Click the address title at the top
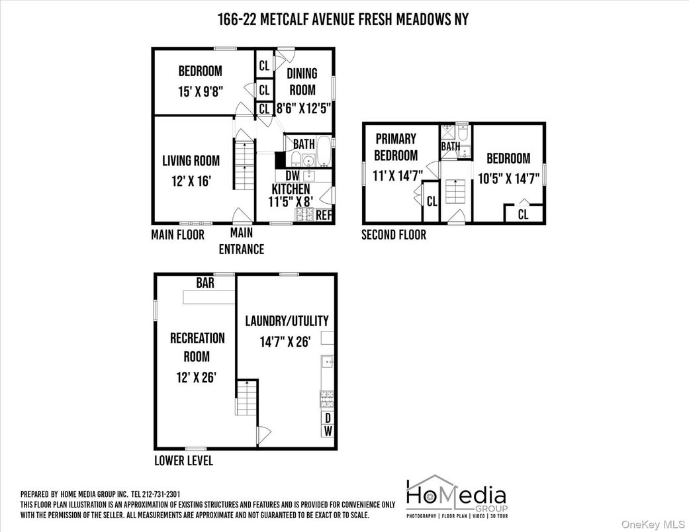pyautogui.click(x=343, y=19)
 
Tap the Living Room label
pyautogui.click(x=191, y=160)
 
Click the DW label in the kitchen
pyautogui.click(x=293, y=176)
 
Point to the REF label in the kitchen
pyautogui.click(x=324, y=215)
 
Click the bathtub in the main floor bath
pyautogui.click(x=324, y=152)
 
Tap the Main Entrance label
pyautogui.click(x=242, y=241)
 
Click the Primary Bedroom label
pyautogui.click(x=396, y=147)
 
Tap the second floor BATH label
pyautogui.click(x=450, y=146)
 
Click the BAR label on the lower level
pyautogui.click(x=205, y=283)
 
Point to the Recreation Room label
pyautogui.click(x=197, y=347)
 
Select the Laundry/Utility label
pyautogui.click(x=287, y=321)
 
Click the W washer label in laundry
pyautogui.click(x=327, y=431)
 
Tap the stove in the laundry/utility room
pyautogui.click(x=327, y=399)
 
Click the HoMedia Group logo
pyautogui.click(x=456, y=496)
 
